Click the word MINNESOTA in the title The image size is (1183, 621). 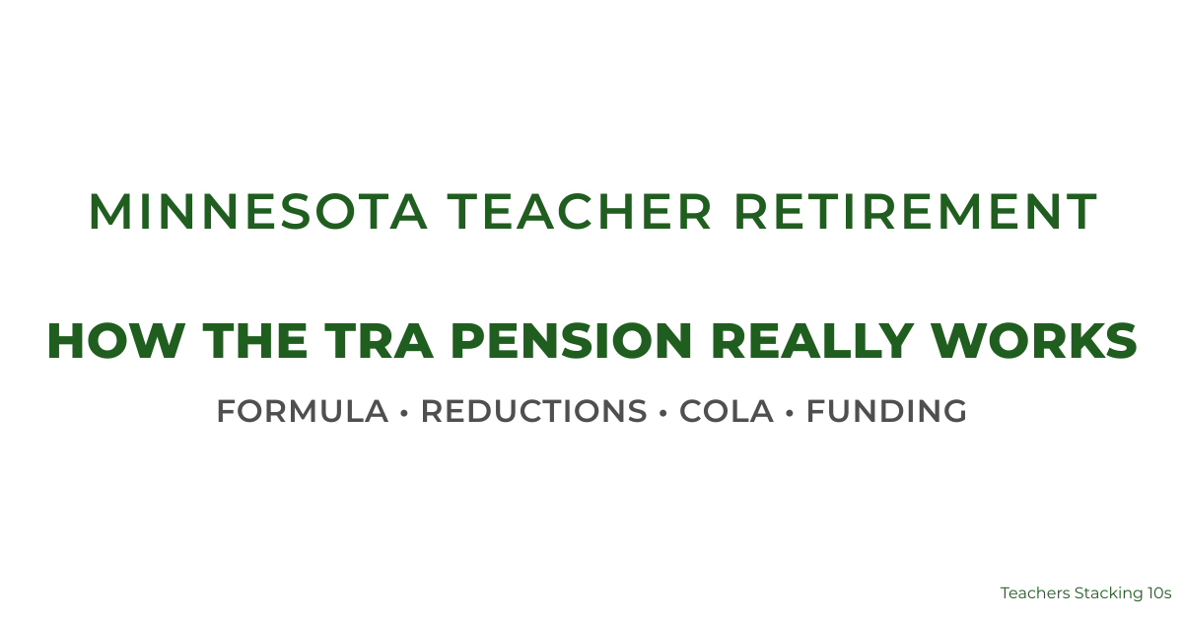(x=258, y=212)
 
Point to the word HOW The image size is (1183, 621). (x=106, y=341)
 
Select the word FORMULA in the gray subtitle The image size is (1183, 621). (x=303, y=411)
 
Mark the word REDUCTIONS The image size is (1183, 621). (x=533, y=411)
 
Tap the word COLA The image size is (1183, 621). (x=727, y=411)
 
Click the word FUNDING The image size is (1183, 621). (x=886, y=411)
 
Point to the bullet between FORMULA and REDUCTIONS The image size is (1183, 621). (x=404, y=412)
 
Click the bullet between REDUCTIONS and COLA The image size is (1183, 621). (x=662, y=412)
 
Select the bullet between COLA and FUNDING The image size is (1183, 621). (x=790, y=412)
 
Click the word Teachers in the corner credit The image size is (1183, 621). (x=1034, y=593)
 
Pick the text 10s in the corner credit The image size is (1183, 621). (x=1158, y=593)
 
